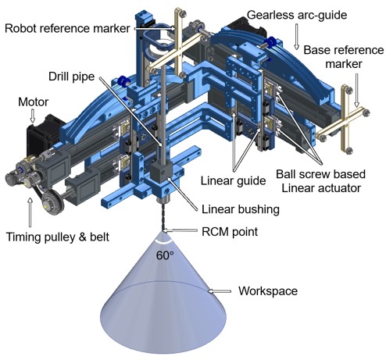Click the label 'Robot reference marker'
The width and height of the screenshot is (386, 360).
pyautogui.click(x=67, y=28)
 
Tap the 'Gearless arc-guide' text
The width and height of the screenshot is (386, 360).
pyautogui.click(x=297, y=15)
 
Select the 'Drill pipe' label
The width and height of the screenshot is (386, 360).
pyautogui.click(x=71, y=77)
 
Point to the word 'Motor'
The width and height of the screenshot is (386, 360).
pyautogui.click(x=33, y=102)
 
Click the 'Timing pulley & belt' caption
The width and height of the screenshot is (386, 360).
pyautogui.click(x=58, y=237)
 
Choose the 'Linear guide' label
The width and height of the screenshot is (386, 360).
pyautogui.click(x=233, y=180)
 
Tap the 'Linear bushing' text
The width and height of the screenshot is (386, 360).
pyautogui.click(x=241, y=209)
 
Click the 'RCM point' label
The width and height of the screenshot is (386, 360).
pyautogui.click(x=230, y=231)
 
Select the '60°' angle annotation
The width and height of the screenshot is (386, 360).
pyautogui.click(x=165, y=255)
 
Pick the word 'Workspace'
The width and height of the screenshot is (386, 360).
pyautogui.click(x=268, y=290)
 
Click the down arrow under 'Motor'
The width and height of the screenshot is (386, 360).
pyautogui.click(x=33, y=116)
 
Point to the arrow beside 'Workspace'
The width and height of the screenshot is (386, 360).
pyautogui.click(x=219, y=291)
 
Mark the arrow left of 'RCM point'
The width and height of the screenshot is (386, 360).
pyautogui.click(x=180, y=230)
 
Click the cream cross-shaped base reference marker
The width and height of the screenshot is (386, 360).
pyautogui.click(x=342, y=120)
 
